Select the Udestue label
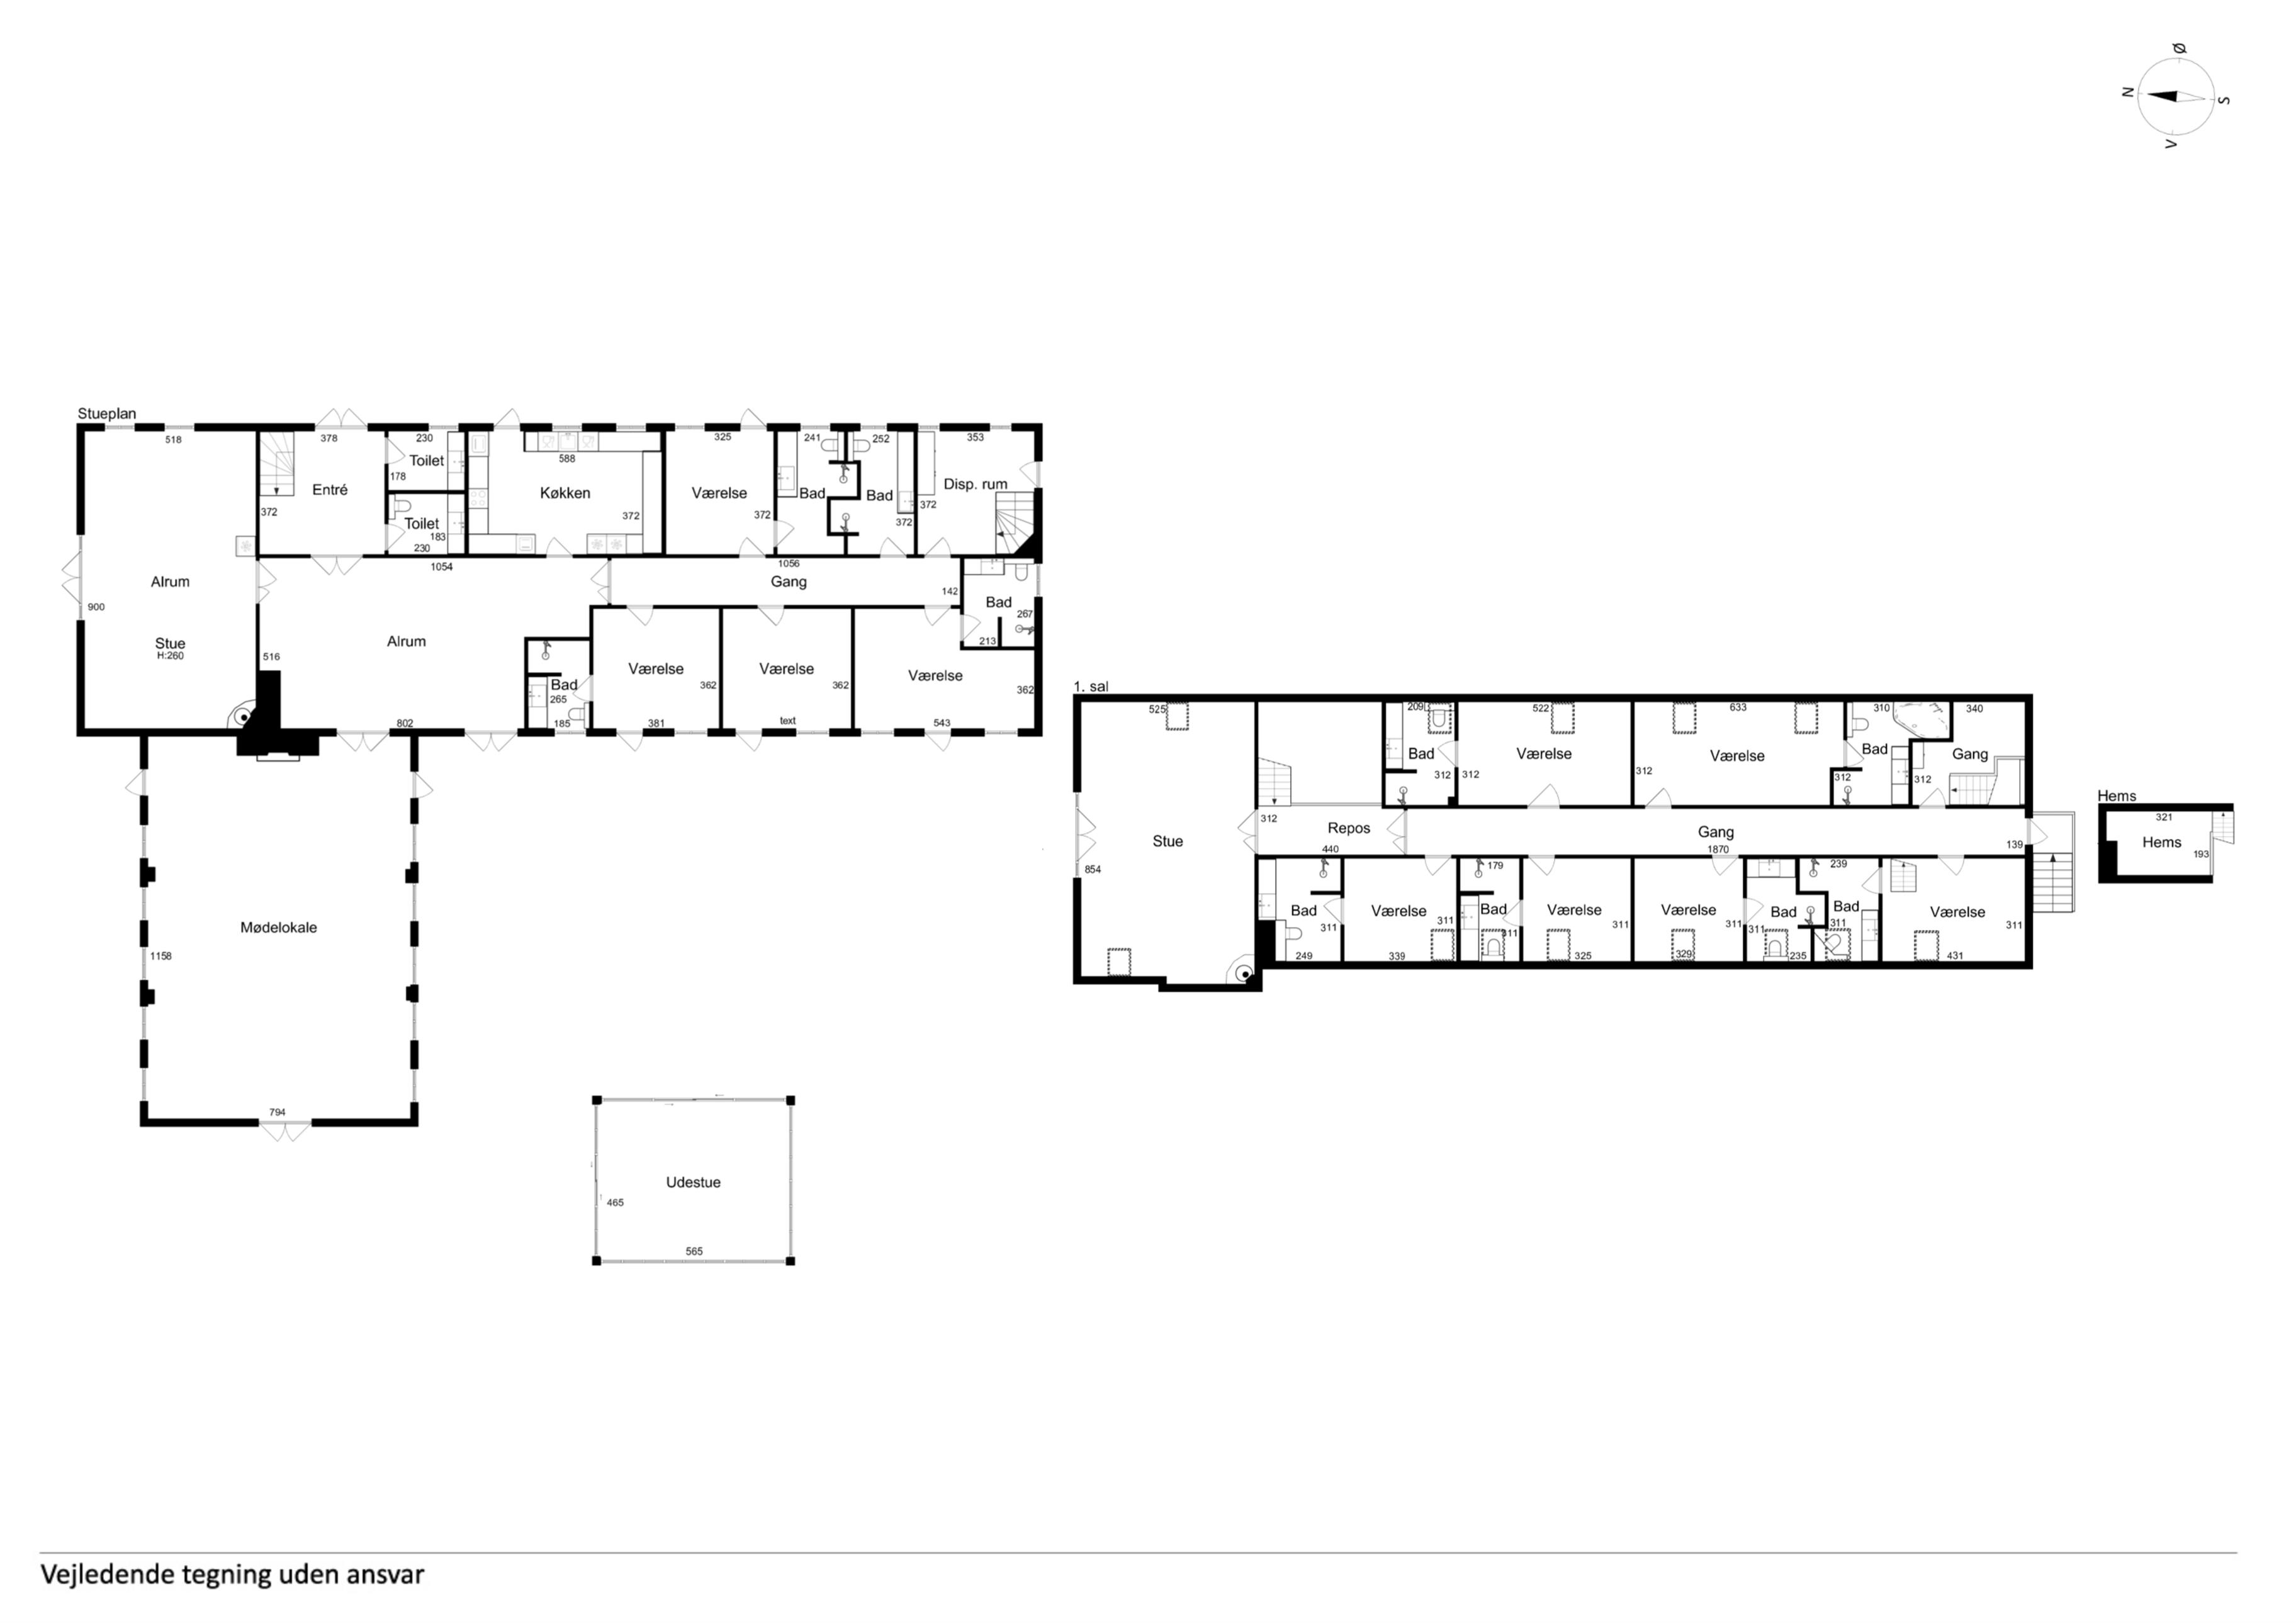tap(693, 1182)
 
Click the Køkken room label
tap(565, 493)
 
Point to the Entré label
tap(330, 490)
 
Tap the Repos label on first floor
tap(1349, 828)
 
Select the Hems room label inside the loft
tap(2161, 842)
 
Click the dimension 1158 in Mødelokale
tap(161, 956)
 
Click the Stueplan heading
tap(107, 414)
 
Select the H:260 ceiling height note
tap(170, 656)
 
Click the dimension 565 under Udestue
tap(694, 1251)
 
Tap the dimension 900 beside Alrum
tap(96, 607)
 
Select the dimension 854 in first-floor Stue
tap(1093, 870)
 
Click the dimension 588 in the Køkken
tap(567, 459)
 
